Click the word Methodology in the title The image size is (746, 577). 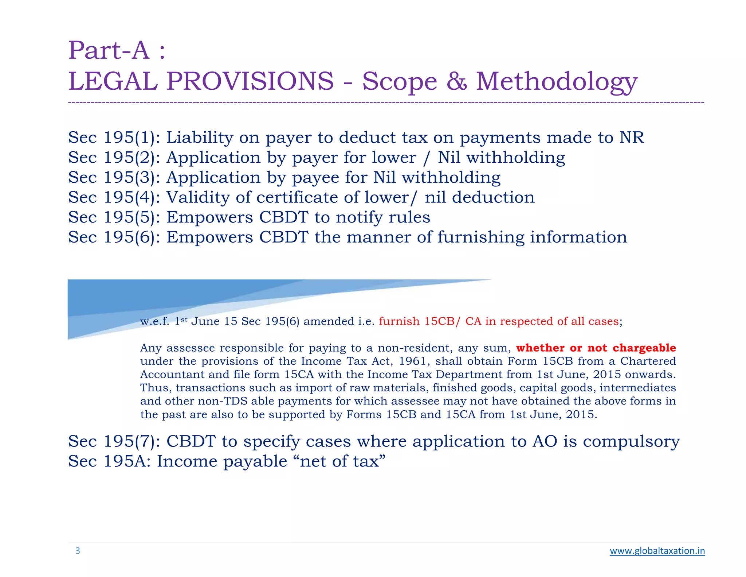(557, 81)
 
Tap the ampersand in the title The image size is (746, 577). (456, 81)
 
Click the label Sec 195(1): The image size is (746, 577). (114, 138)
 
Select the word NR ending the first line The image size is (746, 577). (632, 138)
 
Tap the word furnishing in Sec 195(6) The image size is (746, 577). (481, 237)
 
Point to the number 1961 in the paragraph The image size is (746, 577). (412, 361)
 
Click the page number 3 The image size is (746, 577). (78, 551)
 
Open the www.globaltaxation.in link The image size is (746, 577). (657, 551)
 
